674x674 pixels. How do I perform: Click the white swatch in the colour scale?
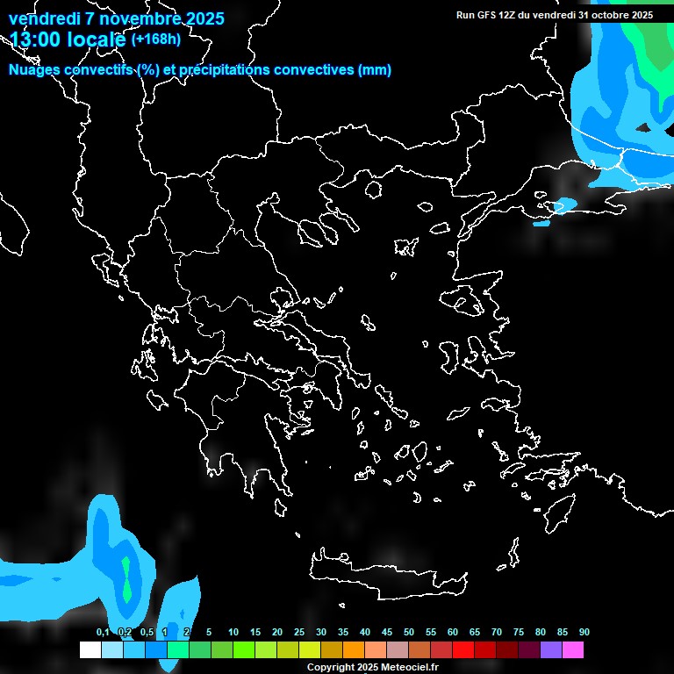90,650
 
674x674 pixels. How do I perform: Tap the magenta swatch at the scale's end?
572,650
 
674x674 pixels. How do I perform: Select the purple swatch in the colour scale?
550,650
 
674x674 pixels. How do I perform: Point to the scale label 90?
584,633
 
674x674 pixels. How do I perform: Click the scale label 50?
409,633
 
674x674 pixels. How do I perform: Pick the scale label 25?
299,633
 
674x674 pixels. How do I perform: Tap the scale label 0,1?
103,633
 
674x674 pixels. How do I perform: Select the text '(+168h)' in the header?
156,39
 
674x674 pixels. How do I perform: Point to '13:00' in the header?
36,39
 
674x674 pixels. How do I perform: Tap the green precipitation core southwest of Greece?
128,579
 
